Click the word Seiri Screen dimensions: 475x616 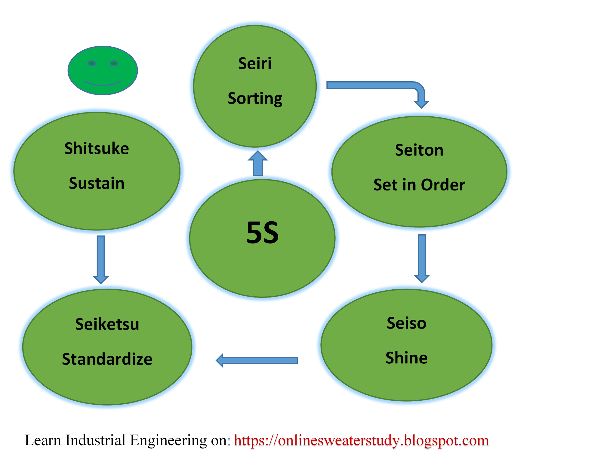[255, 63]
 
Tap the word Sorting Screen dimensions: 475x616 [255, 98]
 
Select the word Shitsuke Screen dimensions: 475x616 [97, 148]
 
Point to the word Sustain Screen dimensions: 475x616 [97, 183]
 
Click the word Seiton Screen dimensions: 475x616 [419, 150]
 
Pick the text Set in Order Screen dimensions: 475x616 [419, 184]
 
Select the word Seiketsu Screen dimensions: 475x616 [107, 324]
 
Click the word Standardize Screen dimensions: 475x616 [107, 359]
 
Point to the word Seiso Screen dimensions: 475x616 [406, 323]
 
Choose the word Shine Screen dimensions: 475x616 [406, 358]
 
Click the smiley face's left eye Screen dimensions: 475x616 [91, 63]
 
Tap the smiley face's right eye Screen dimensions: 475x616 [114, 63]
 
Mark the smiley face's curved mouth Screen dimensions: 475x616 [103, 83]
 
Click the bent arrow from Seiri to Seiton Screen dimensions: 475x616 [376, 85]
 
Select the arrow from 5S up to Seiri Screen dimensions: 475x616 [258, 164]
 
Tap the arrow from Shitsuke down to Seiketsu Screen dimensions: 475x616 [101, 259]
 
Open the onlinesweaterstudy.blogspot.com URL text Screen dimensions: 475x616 [361, 441]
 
